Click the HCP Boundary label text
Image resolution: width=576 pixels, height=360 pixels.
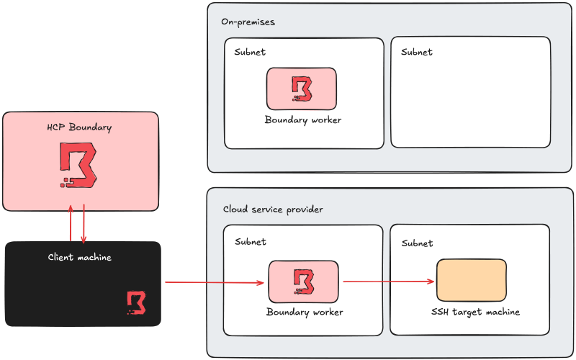(80, 127)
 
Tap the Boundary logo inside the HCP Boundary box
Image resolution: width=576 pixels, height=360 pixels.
(78, 166)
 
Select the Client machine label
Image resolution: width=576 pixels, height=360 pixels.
(80, 257)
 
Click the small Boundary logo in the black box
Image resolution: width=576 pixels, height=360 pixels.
(136, 302)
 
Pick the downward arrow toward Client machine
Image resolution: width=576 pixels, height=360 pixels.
(84, 225)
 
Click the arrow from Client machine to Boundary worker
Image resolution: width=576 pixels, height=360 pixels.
(215, 282)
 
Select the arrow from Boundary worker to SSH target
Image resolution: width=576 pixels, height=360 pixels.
(390, 282)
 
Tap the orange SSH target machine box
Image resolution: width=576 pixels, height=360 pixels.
(471, 281)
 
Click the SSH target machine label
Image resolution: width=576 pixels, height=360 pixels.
(475, 312)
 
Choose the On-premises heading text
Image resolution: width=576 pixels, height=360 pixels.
(248, 22)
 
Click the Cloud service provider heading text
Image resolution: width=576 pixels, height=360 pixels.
(273, 209)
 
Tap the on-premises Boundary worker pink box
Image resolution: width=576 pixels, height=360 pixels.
(301, 88)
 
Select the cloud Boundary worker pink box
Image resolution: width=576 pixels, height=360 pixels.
(303, 281)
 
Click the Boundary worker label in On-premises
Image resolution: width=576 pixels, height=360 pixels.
(303, 120)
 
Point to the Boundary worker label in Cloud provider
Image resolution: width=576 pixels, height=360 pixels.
(305, 312)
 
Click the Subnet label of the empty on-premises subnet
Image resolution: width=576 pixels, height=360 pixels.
(417, 52)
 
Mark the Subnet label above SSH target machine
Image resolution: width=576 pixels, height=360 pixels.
(418, 243)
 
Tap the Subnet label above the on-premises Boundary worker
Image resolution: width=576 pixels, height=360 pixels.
(250, 52)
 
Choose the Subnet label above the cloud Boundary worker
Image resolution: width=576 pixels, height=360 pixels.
(250, 241)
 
